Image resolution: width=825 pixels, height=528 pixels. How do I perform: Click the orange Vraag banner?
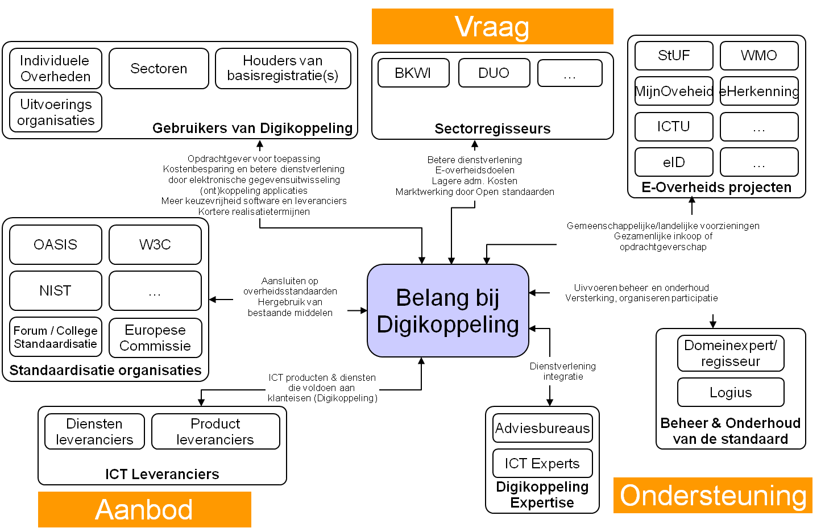(492, 26)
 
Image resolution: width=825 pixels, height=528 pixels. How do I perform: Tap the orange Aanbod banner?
(144, 509)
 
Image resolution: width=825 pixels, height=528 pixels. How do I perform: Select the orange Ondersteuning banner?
(713, 496)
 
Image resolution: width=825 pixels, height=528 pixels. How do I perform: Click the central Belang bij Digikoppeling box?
(448, 311)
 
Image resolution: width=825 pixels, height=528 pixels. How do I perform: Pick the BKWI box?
(413, 73)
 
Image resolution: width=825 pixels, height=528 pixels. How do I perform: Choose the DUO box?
(494, 73)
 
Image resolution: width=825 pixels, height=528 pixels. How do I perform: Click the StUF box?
(674, 56)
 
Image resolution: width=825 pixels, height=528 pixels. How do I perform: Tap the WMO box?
(759, 56)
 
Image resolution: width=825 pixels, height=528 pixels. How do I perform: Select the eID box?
(674, 163)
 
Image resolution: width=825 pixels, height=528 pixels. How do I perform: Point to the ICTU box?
(674, 126)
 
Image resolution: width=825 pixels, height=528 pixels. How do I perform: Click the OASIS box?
(56, 245)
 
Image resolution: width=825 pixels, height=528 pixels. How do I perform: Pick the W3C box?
(155, 245)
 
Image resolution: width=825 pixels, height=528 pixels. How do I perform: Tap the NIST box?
(56, 291)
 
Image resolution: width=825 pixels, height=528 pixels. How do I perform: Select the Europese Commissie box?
(155, 338)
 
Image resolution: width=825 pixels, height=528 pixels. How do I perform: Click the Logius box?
(731, 393)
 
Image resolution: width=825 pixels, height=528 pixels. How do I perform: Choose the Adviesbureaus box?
(542, 429)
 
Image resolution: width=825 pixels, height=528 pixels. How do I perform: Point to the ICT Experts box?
(542, 464)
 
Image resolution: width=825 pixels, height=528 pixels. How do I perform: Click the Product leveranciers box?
(215, 431)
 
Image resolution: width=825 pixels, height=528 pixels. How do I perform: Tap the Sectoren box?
(159, 69)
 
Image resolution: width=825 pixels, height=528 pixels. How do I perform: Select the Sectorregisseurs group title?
(492, 129)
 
